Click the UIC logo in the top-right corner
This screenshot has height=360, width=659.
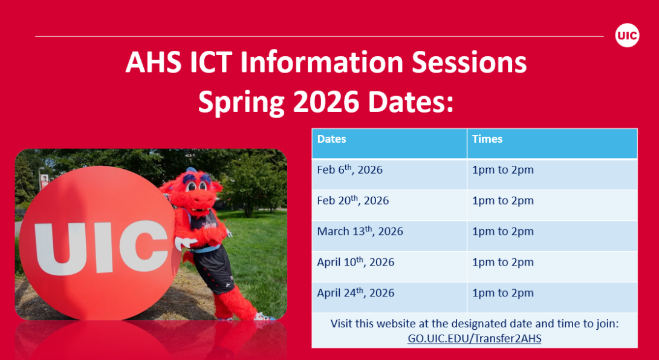click(x=627, y=36)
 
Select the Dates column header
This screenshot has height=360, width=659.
click(x=332, y=139)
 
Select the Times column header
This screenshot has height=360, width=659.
click(x=487, y=139)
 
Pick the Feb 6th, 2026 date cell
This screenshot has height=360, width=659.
click(x=350, y=170)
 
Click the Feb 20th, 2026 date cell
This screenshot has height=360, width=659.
click(x=353, y=201)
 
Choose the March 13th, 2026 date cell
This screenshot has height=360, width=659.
click(x=360, y=232)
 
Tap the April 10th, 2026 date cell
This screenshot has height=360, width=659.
click(x=355, y=263)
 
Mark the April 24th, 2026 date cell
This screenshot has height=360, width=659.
click(x=355, y=293)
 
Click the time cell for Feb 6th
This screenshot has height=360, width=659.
click(x=503, y=170)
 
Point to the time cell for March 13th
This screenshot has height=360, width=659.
click(x=503, y=232)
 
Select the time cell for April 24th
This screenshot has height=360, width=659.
click(x=503, y=293)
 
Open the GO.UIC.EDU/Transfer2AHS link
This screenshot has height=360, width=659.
click(x=475, y=339)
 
